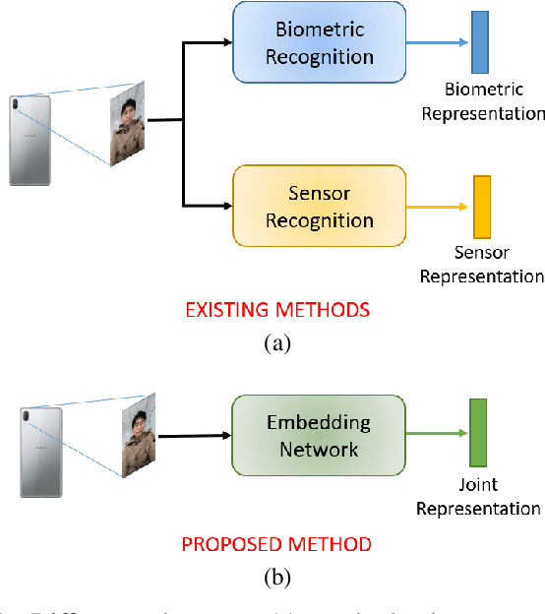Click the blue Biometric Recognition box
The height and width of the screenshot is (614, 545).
pos(318,42)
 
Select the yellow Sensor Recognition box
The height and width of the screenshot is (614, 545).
pos(318,206)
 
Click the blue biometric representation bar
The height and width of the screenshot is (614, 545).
pos(479,42)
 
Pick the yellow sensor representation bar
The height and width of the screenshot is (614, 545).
pos(482,207)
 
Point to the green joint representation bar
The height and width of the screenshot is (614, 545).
pos(479,433)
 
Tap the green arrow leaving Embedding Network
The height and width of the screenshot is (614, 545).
pos(437,434)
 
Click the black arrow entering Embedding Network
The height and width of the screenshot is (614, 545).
pos(194,435)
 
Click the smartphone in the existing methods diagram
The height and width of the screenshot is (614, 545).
pos(27,139)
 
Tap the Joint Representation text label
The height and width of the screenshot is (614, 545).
pos(478,497)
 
